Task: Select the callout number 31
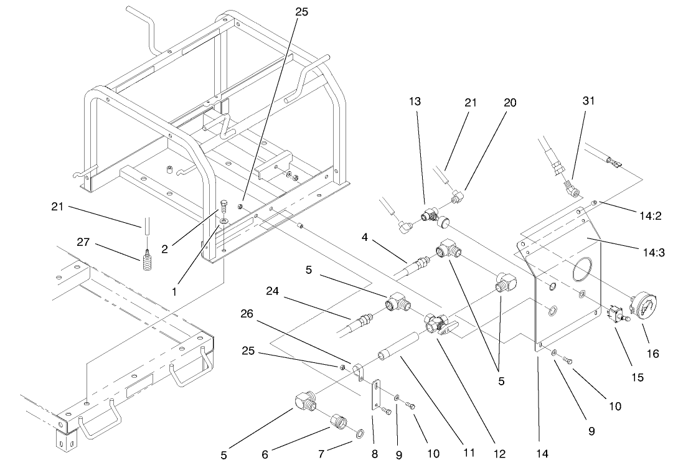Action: [x=589, y=101]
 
